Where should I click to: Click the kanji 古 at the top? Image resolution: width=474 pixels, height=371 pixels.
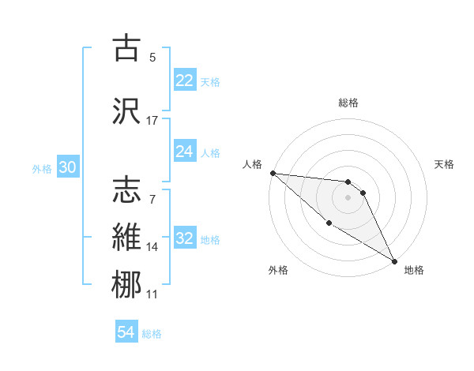(127, 48)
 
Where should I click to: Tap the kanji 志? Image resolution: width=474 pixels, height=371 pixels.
(127, 190)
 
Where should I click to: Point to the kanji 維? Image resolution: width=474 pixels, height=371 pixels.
(127, 237)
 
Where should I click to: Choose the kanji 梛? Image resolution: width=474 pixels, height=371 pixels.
(127, 284)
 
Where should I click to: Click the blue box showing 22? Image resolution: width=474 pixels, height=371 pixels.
(184, 81)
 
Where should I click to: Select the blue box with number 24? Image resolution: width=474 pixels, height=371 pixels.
(184, 152)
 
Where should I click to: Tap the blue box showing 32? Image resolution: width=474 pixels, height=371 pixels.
(184, 238)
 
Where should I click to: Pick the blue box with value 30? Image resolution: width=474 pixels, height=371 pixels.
(67, 168)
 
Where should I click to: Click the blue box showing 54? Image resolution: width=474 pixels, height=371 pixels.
(126, 332)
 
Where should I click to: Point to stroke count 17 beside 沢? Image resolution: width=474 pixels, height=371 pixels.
(152, 121)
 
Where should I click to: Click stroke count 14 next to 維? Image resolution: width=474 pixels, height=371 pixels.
(152, 247)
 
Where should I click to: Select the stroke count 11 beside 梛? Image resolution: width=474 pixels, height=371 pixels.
(152, 294)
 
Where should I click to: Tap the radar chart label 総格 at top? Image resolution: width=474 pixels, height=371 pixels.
(348, 103)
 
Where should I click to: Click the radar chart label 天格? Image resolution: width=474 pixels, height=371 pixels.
(445, 164)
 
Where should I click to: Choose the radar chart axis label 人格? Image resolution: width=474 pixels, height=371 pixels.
(252, 165)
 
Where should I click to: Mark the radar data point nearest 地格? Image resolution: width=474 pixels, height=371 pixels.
(394, 260)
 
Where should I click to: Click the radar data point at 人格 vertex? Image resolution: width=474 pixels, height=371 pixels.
(273, 173)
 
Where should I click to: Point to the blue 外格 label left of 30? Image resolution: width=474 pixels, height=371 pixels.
(42, 169)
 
